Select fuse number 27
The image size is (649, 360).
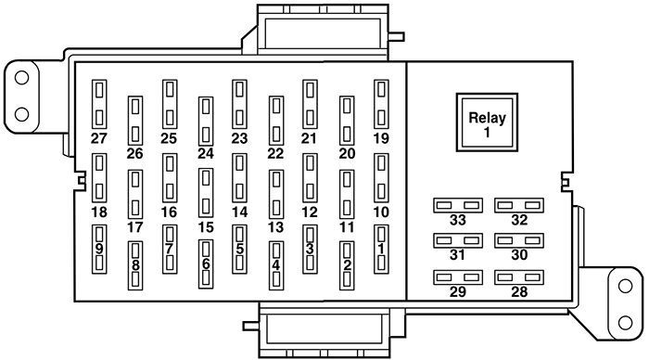(x=99, y=103)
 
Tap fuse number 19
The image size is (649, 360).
(x=380, y=103)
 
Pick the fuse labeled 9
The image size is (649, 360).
(x=99, y=248)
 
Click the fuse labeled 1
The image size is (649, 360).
(x=380, y=248)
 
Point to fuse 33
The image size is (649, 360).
(x=459, y=204)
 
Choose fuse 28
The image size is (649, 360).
(x=518, y=277)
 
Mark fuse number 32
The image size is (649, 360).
(x=518, y=204)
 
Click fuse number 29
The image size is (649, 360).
(x=459, y=277)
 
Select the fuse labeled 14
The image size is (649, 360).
(x=239, y=176)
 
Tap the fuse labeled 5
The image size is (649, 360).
(x=239, y=248)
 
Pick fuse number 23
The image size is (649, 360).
(x=239, y=103)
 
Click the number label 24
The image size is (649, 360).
(x=205, y=154)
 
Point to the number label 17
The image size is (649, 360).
(x=135, y=227)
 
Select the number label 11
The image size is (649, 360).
(x=346, y=227)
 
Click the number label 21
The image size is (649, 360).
(x=309, y=139)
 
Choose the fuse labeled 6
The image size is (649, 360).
(x=205, y=263)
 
